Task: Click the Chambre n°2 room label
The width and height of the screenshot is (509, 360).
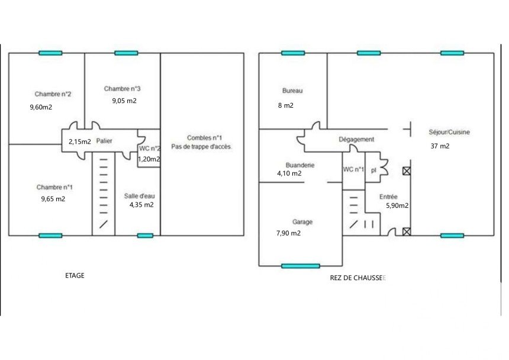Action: [x=53, y=94]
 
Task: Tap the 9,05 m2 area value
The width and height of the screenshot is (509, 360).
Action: [x=124, y=101]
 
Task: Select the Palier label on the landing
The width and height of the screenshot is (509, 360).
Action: [x=104, y=141]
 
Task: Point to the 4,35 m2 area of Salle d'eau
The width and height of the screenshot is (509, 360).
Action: [x=141, y=205]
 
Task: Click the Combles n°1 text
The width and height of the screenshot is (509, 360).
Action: [x=205, y=137]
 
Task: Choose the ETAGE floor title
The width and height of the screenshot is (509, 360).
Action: [x=75, y=275]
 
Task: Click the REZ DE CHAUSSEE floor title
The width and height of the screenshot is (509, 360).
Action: [x=357, y=278]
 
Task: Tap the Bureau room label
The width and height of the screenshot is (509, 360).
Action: [x=292, y=91]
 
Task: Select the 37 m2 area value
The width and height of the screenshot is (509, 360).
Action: [x=440, y=146]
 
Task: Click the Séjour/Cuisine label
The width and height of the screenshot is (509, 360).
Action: [x=449, y=132]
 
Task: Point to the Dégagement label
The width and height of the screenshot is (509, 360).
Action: [x=356, y=139]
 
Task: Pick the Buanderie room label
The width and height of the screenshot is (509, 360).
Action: [x=300, y=165]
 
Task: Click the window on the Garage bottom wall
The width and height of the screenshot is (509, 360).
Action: [x=301, y=266]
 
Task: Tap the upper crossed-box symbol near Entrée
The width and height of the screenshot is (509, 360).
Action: [x=407, y=171]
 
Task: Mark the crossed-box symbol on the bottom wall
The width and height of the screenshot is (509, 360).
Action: [x=407, y=232]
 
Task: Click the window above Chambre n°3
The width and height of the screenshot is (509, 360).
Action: [x=126, y=53]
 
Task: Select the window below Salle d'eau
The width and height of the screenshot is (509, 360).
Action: [x=145, y=236]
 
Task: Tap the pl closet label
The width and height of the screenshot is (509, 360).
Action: [x=373, y=170]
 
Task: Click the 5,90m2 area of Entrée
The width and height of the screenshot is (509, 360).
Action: [x=397, y=205]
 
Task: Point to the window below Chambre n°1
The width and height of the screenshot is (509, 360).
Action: [x=50, y=236]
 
